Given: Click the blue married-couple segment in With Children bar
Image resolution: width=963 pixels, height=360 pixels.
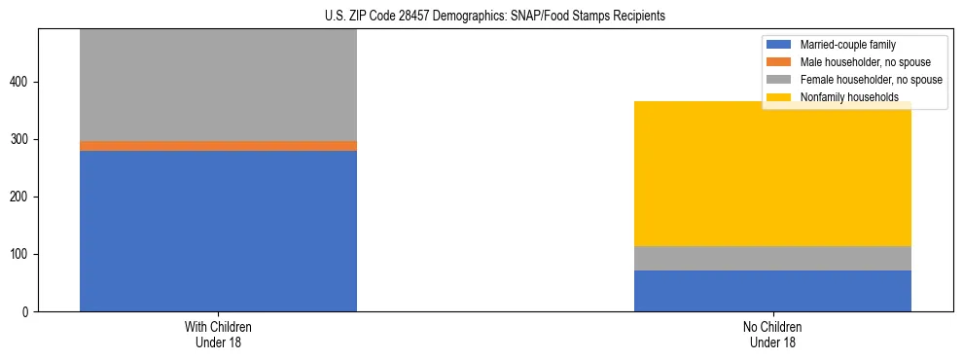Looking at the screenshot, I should coord(218,231).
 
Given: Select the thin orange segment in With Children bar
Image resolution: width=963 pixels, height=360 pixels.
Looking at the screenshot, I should coord(218,146).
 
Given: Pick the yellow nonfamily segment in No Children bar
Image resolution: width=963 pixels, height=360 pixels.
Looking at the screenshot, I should coord(772,174).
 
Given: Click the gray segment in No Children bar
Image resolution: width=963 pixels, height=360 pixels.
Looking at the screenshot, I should coord(772,258).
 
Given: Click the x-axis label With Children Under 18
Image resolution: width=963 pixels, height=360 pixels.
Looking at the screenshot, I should coord(218,334).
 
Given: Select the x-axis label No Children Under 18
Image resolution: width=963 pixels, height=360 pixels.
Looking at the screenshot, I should coord(772,334).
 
